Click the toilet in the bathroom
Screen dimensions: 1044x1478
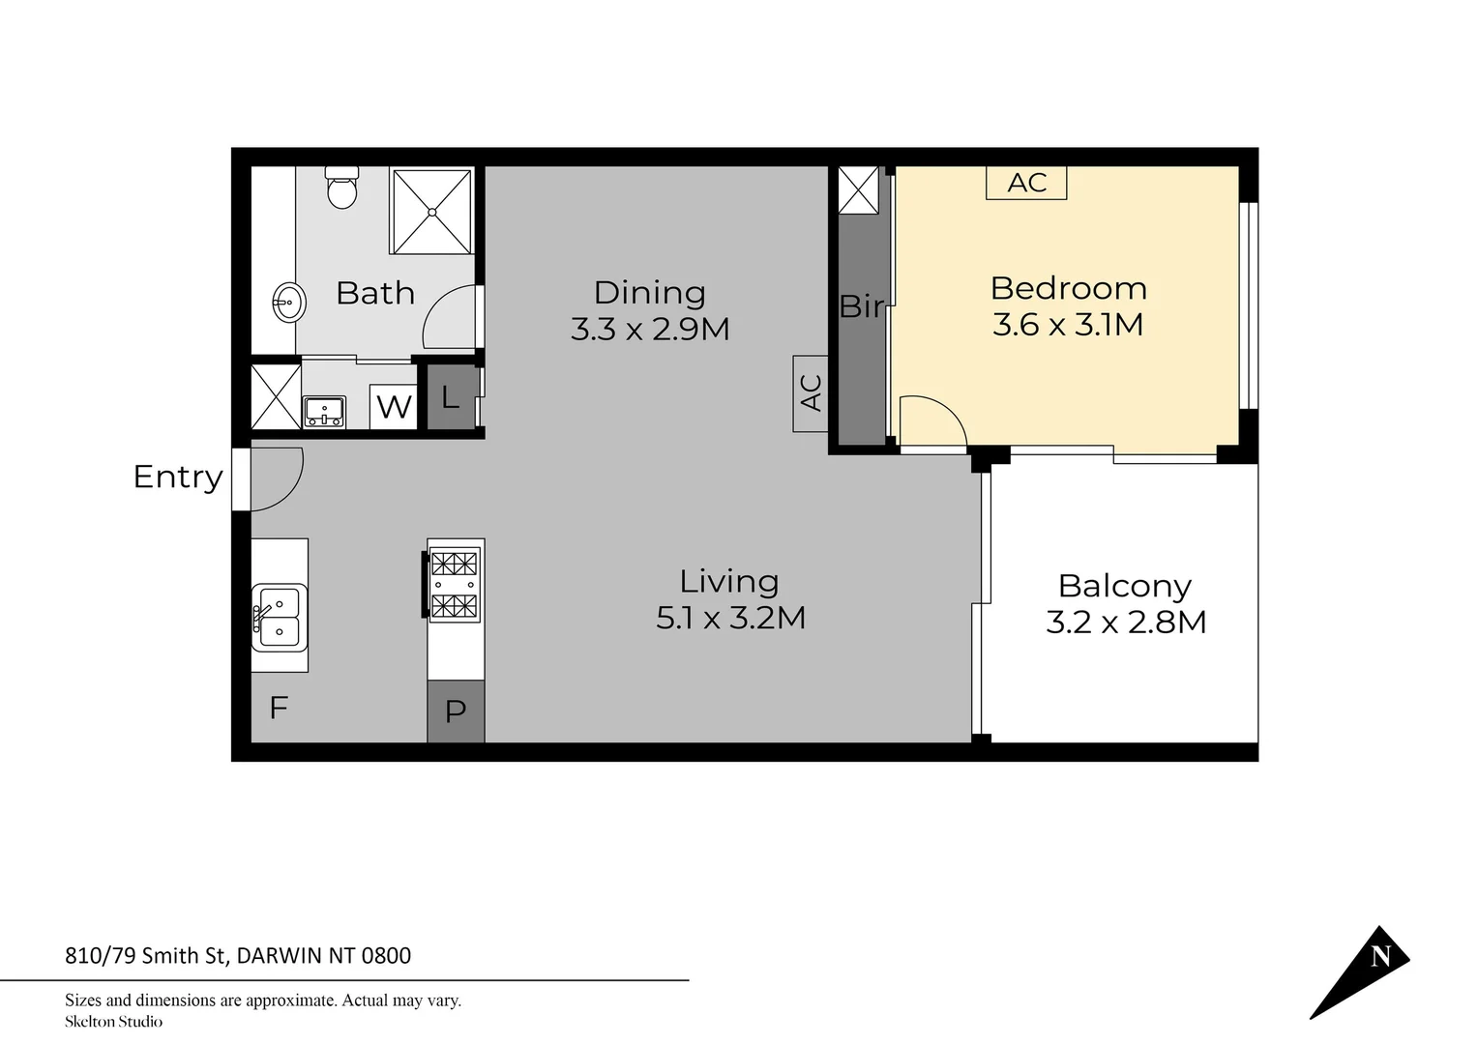tap(341, 188)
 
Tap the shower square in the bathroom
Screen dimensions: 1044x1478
tap(431, 212)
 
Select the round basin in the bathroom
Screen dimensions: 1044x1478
tap(288, 303)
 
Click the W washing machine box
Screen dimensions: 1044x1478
tap(393, 406)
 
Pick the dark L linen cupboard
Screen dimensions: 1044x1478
tap(451, 396)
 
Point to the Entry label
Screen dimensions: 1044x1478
tap(177, 477)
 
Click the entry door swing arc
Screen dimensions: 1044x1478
tap(279, 478)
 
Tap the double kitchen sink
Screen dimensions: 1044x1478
tap(280, 618)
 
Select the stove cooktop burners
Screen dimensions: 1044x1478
tap(455, 584)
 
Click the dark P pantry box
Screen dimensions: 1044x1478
tap(456, 711)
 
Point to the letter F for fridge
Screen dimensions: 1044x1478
tap(279, 709)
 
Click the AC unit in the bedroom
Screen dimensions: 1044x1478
tap(1026, 183)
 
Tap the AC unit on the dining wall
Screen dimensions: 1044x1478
tap(811, 392)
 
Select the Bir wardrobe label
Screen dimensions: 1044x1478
tap(861, 306)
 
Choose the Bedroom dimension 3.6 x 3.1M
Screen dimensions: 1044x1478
tap(1068, 325)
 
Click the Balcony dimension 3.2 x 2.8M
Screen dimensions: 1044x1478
tap(1126, 622)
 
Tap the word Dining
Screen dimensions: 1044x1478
tap(649, 292)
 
